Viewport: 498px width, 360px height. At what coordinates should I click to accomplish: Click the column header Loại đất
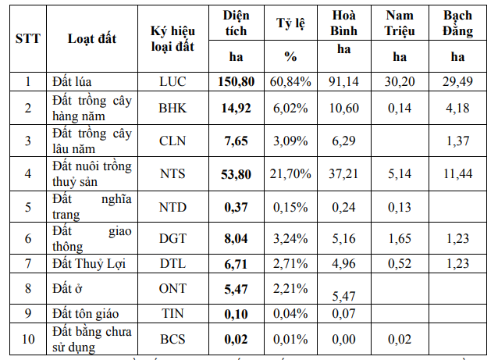tap(92, 39)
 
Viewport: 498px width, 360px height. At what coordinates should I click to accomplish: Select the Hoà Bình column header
tap(344, 24)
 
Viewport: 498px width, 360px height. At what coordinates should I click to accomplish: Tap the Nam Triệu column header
tap(400, 24)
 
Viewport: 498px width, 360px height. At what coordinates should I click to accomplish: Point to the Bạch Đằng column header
tap(458, 24)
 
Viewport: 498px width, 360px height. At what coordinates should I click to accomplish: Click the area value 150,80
tap(236, 81)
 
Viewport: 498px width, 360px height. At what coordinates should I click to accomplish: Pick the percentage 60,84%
tap(291, 81)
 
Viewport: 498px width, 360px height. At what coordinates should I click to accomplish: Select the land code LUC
tap(173, 81)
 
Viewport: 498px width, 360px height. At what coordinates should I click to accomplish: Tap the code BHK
tap(173, 109)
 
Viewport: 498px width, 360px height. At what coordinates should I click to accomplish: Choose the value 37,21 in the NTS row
tap(344, 173)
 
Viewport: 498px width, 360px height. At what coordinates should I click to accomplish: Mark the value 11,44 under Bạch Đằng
tap(457, 173)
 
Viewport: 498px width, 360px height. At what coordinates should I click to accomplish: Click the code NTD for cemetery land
tap(173, 206)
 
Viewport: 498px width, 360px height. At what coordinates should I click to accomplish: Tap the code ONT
tap(173, 288)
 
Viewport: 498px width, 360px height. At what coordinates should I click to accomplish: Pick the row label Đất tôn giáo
tap(84, 313)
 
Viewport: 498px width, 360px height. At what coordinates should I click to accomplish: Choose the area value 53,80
tap(236, 173)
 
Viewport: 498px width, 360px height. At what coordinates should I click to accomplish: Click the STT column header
tap(28, 39)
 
